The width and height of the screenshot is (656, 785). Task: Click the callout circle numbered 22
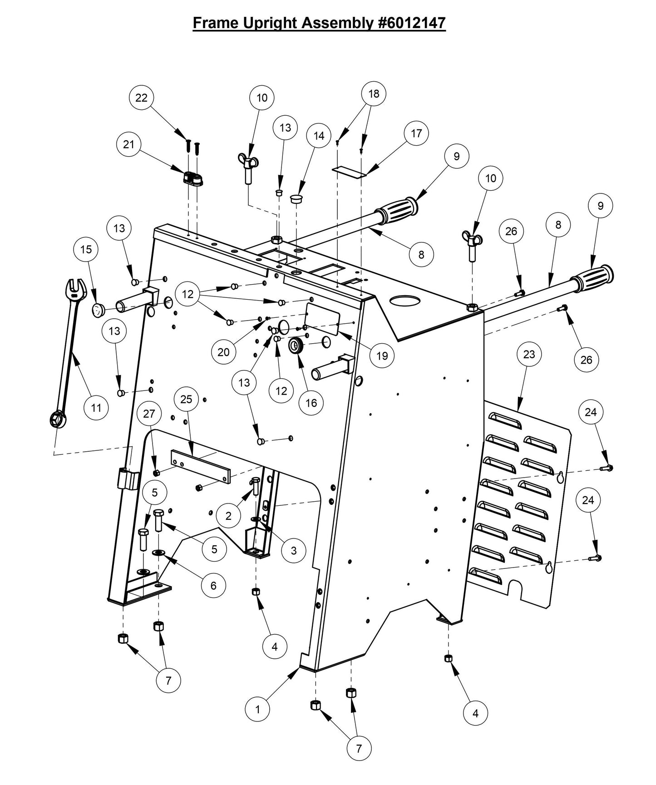(142, 98)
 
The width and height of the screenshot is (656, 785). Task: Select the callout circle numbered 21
(129, 144)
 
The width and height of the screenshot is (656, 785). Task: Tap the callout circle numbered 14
(319, 136)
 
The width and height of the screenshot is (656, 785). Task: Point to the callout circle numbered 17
(416, 133)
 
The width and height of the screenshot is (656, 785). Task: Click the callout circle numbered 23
(529, 354)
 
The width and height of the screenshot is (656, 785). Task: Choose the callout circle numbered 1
(257, 710)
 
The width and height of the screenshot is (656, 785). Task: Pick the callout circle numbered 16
(311, 403)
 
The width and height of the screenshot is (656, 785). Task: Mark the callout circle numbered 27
(149, 414)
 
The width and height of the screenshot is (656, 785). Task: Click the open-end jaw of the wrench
(76, 289)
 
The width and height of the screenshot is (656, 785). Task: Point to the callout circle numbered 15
(86, 249)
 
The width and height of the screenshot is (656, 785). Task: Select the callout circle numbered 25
(186, 399)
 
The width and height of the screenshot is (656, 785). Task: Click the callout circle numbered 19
(382, 355)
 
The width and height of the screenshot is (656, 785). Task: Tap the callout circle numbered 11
(96, 407)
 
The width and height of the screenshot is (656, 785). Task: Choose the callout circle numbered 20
(223, 352)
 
